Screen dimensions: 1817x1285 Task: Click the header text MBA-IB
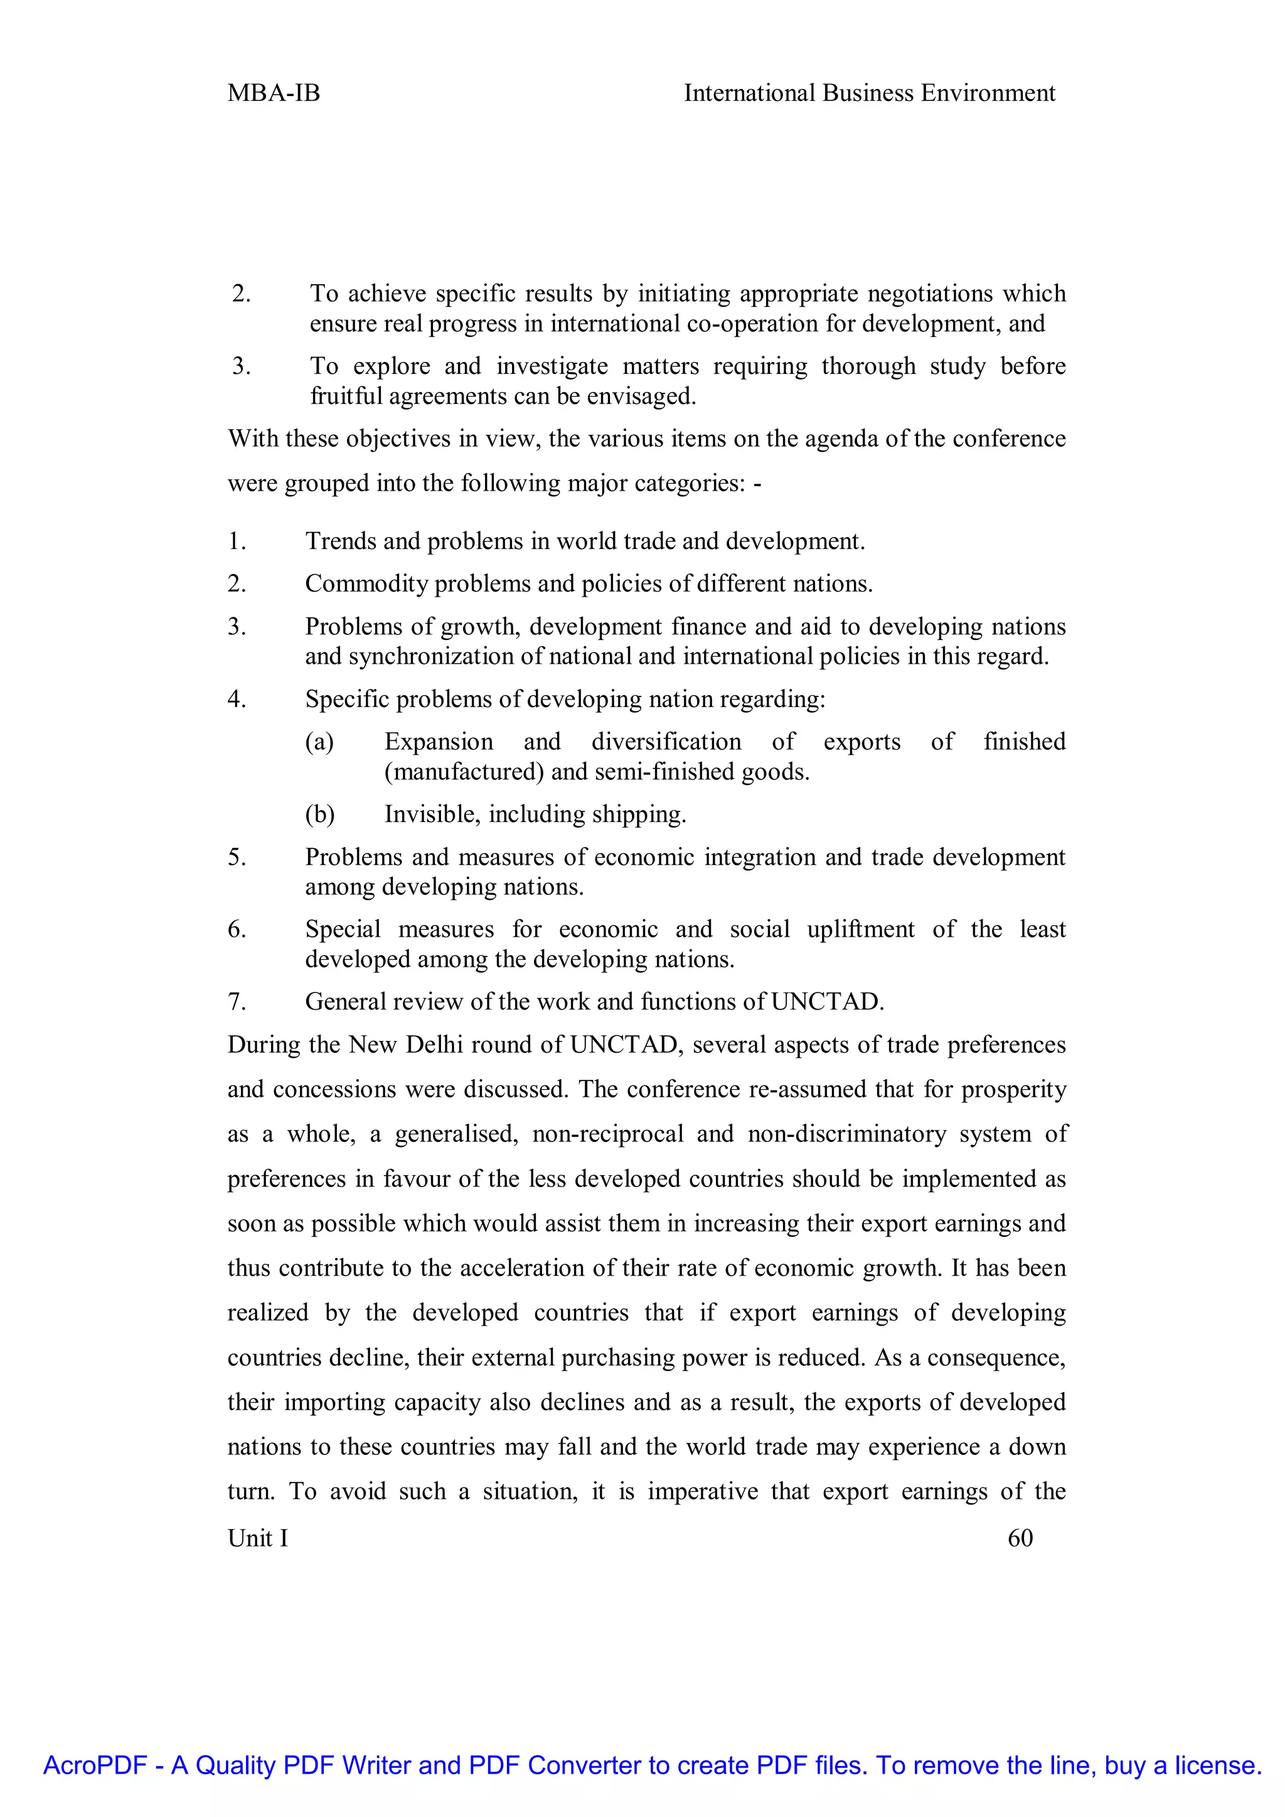point(273,93)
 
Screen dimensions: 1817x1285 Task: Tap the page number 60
point(1020,1538)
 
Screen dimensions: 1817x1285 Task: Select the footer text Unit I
point(258,1538)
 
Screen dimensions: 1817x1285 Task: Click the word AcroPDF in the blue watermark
point(95,1765)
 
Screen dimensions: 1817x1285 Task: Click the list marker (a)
point(319,742)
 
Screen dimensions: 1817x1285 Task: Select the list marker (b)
point(319,814)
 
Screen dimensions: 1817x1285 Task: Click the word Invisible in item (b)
point(432,814)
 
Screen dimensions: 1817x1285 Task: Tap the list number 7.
point(237,1002)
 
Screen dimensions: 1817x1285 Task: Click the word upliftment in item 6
point(860,929)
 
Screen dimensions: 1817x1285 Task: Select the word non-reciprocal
point(608,1134)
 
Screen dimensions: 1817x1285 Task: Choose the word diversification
point(666,742)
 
